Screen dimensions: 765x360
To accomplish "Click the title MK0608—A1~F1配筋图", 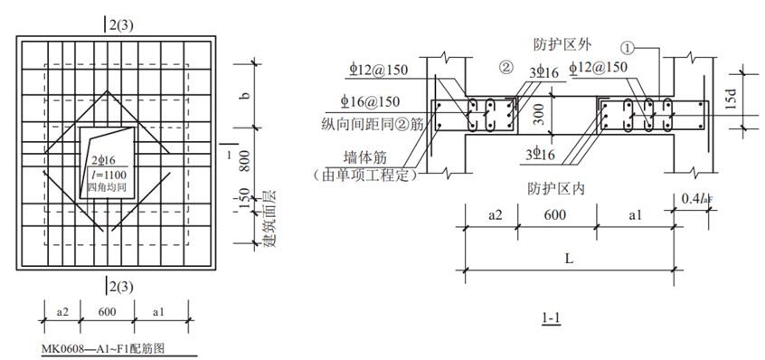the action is pos(103,349).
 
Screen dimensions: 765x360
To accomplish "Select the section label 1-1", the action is pos(551,318).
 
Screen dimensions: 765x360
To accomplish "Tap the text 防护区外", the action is pos(562,45).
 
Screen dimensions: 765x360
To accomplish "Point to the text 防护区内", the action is pos(556,189).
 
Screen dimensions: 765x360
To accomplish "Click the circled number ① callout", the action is pos(628,48).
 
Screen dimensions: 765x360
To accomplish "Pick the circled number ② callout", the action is pos(506,68).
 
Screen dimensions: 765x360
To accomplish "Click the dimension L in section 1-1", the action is pos(569,259).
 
